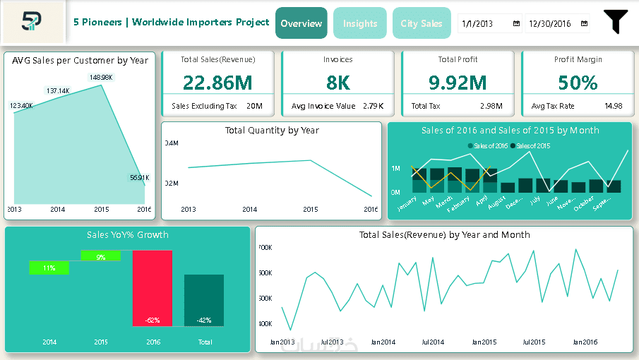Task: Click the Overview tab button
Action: coord(301,23)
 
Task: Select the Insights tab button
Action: coord(360,23)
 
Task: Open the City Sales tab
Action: coord(422,23)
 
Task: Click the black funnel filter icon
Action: coord(615,22)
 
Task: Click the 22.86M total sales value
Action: coord(217,83)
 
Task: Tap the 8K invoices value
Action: coord(338,83)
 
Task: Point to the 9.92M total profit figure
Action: coord(458,83)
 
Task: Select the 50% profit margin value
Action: coord(578,83)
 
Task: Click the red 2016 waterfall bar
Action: coord(153,288)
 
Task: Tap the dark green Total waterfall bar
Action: coord(204,300)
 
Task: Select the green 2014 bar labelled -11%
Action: coord(49,268)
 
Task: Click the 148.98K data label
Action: coord(100,77)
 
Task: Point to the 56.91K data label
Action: coord(139,178)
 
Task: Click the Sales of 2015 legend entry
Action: coord(533,145)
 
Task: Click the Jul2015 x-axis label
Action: coord(533,342)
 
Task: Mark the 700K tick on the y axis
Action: coord(265,248)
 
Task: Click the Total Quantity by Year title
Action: coord(272,130)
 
